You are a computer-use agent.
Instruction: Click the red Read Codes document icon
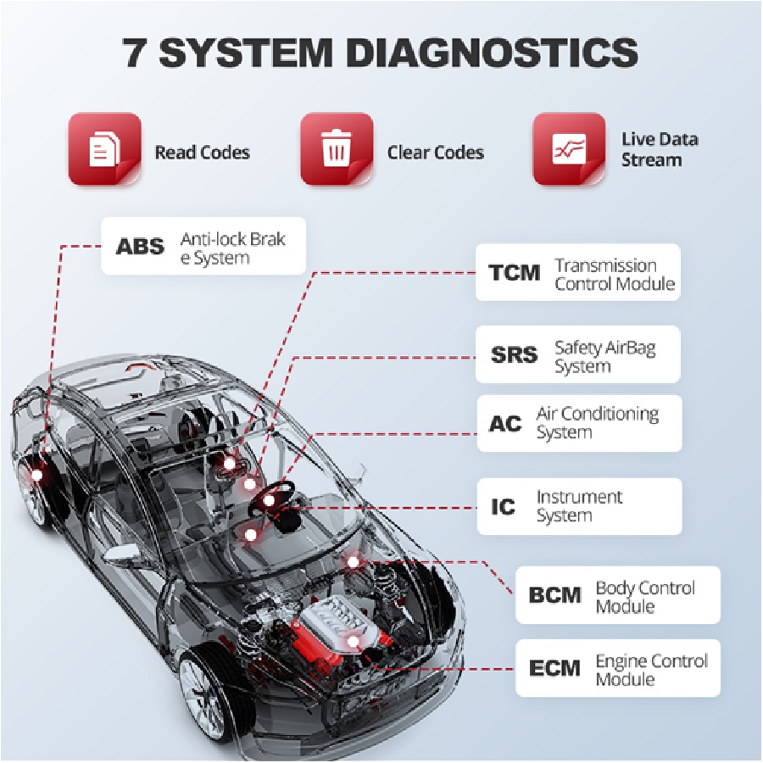coord(104,151)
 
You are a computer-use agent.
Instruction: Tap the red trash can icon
coord(337,151)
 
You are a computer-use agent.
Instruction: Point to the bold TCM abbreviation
coord(515,274)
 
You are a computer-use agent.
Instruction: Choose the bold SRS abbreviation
coord(515,354)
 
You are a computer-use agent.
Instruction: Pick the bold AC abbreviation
coord(505,423)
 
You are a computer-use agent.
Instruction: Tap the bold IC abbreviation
coord(504,507)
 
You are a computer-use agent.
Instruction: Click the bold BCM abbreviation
coord(555,595)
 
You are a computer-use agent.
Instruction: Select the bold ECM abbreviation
coord(555,668)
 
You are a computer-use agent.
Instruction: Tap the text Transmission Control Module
coord(615,275)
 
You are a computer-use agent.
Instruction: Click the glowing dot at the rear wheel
coord(37,476)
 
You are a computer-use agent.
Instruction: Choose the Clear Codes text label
coord(435,153)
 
